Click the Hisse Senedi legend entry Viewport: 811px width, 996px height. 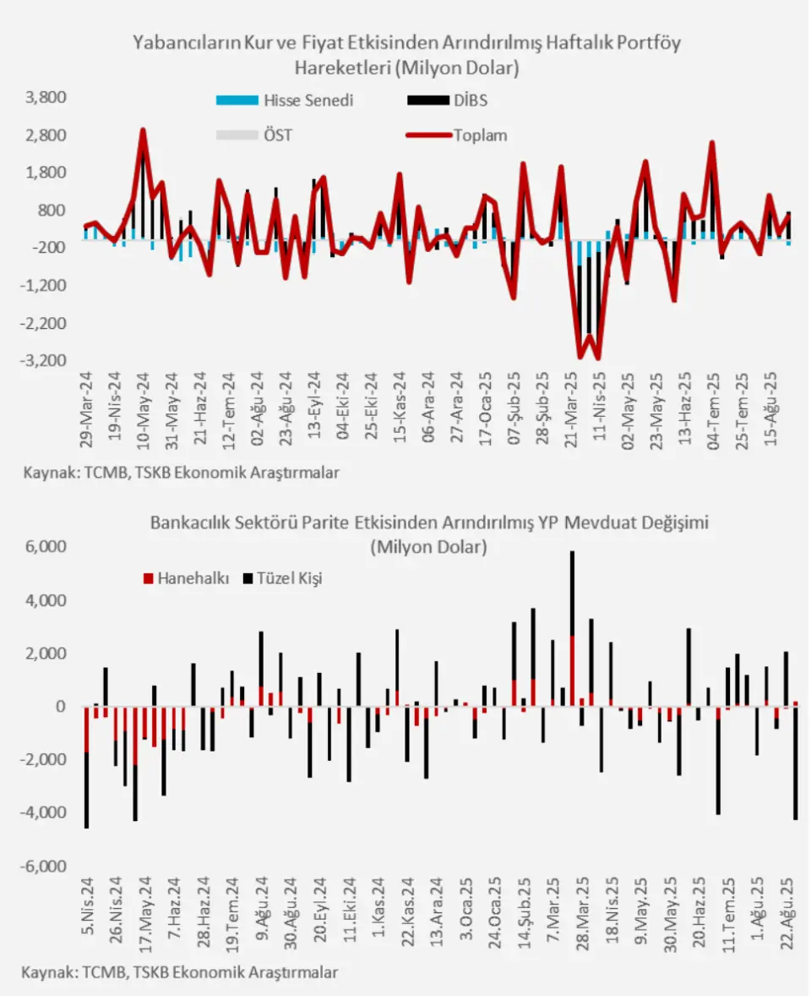tap(285, 101)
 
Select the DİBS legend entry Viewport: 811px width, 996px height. tap(448, 101)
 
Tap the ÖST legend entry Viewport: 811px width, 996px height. tap(253, 135)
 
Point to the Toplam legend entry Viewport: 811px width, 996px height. tap(457, 135)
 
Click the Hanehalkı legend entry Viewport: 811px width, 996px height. tap(187, 578)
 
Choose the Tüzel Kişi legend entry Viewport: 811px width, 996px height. tap(283, 578)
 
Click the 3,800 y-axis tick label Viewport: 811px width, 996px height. tap(46, 97)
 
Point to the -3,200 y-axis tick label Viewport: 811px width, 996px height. tap(43, 360)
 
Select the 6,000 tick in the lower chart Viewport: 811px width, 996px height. tap(46, 546)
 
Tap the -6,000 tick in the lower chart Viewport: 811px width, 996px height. tap(43, 867)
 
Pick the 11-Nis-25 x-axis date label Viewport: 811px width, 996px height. tap(599, 408)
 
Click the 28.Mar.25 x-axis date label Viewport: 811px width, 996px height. tap(583, 913)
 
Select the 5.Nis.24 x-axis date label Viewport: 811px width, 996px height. tap(87, 906)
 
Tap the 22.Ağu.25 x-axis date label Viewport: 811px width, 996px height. tap(787, 913)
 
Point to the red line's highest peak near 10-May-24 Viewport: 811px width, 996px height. tap(143, 129)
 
